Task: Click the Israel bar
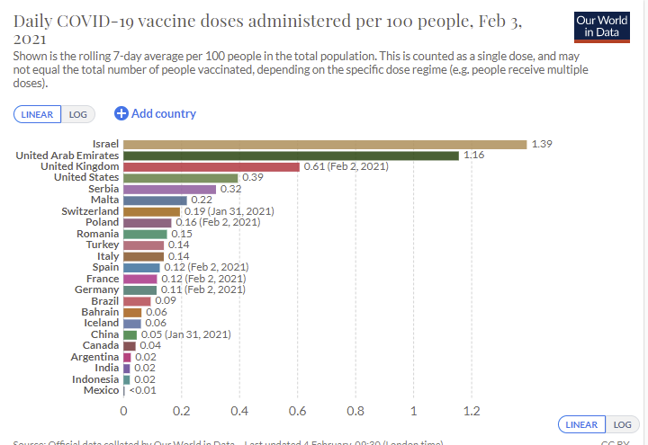[x=324, y=144]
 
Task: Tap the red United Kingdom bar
[x=211, y=166]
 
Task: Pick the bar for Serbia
[x=169, y=189]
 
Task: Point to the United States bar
[x=180, y=178]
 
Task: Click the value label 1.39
[x=542, y=144]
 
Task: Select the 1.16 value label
[x=474, y=156]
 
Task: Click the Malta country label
[x=103, y=200]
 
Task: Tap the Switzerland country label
[x=90, y=211]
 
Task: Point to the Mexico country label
[x=101, y=390]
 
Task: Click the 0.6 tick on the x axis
[x=298, y=412]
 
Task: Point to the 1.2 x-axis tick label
[x=472, y=412]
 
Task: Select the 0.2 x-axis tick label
[x=182, y=412]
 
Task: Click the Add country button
[x=155, y=113]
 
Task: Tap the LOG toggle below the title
[x=77, y=114]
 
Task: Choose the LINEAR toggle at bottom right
[x=581, y=424]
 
